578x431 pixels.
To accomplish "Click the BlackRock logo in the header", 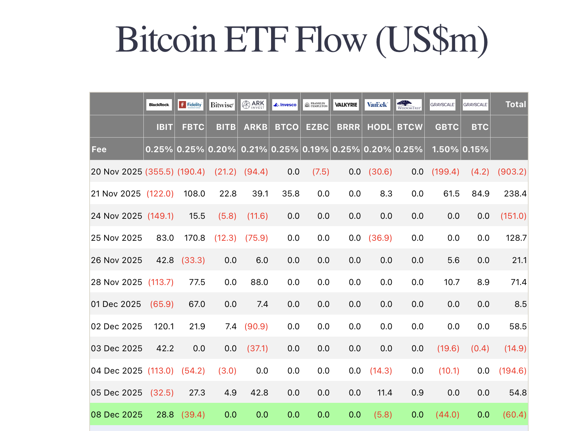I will [159, 105].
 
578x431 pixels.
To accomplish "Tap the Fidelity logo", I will [191, 105].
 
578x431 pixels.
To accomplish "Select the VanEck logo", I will [378, 105].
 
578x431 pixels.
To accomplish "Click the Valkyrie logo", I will [346, 105].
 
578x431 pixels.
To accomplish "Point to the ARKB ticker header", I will [256, 127].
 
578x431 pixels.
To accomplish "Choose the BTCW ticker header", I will [410, 127].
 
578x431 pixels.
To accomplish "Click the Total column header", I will [515, 104].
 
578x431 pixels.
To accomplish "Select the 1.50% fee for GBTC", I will [445, 149].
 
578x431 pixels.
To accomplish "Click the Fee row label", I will [99, 149].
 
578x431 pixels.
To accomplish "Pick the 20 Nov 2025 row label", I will [116, 172].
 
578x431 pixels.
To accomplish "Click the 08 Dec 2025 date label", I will [116, 415].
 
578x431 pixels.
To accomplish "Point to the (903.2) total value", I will [512, 172].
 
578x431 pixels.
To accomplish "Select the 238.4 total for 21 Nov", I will [515, 194].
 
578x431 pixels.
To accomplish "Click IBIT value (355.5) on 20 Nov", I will [159, 172].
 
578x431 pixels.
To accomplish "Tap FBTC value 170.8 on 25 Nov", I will [194, 238].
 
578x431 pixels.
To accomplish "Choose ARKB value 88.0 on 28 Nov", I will [259, 282].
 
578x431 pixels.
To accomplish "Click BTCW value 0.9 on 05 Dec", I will [417, 393].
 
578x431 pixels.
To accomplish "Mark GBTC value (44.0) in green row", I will [447, 415].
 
